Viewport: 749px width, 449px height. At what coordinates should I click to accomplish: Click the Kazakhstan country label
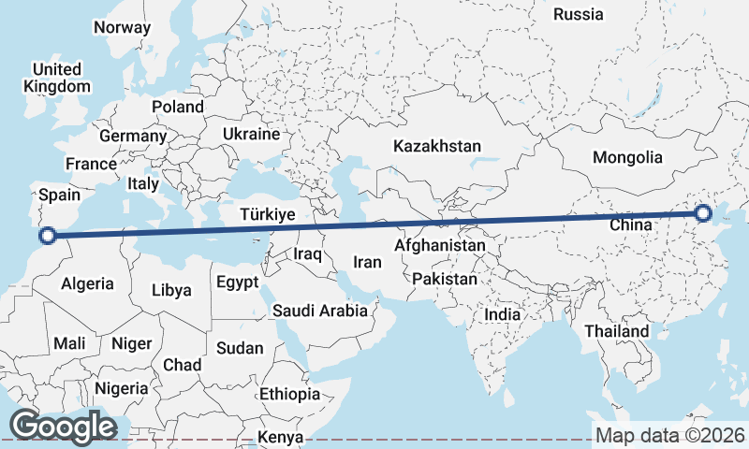[x=437, y=147]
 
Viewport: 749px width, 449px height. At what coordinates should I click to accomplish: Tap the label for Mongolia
[x=627, y=158]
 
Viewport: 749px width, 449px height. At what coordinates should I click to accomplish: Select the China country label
[x=631, y=225]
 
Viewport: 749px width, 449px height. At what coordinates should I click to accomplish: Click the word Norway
[x=122, y=27]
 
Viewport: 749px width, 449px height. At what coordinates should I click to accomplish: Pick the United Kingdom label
[x=57, y=78]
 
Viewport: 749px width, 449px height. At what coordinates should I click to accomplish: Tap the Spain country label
[x=60, y=196]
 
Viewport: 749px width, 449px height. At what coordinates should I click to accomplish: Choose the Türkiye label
[x=268, y=215]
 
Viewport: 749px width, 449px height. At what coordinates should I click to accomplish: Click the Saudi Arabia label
[x=320, y=311]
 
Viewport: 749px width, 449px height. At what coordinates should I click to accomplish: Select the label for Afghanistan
[x=440, y=246]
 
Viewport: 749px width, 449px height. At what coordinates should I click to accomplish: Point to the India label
[x=503, y=315]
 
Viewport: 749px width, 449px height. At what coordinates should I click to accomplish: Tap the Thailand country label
[x=617, y=331]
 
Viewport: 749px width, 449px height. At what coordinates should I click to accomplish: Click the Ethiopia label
[x=290, y=394]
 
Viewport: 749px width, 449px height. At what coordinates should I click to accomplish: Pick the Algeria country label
[x=87, y=283]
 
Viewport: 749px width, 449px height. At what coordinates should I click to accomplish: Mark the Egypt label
[x=237, y=282]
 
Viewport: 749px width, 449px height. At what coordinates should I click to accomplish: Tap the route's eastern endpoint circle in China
[x=704, y=216]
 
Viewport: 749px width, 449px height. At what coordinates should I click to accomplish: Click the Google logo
[x=64, y=426]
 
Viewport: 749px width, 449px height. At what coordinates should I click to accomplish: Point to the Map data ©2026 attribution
[x=670, y=435]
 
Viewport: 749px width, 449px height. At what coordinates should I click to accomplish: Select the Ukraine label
[x=251, y=135]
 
